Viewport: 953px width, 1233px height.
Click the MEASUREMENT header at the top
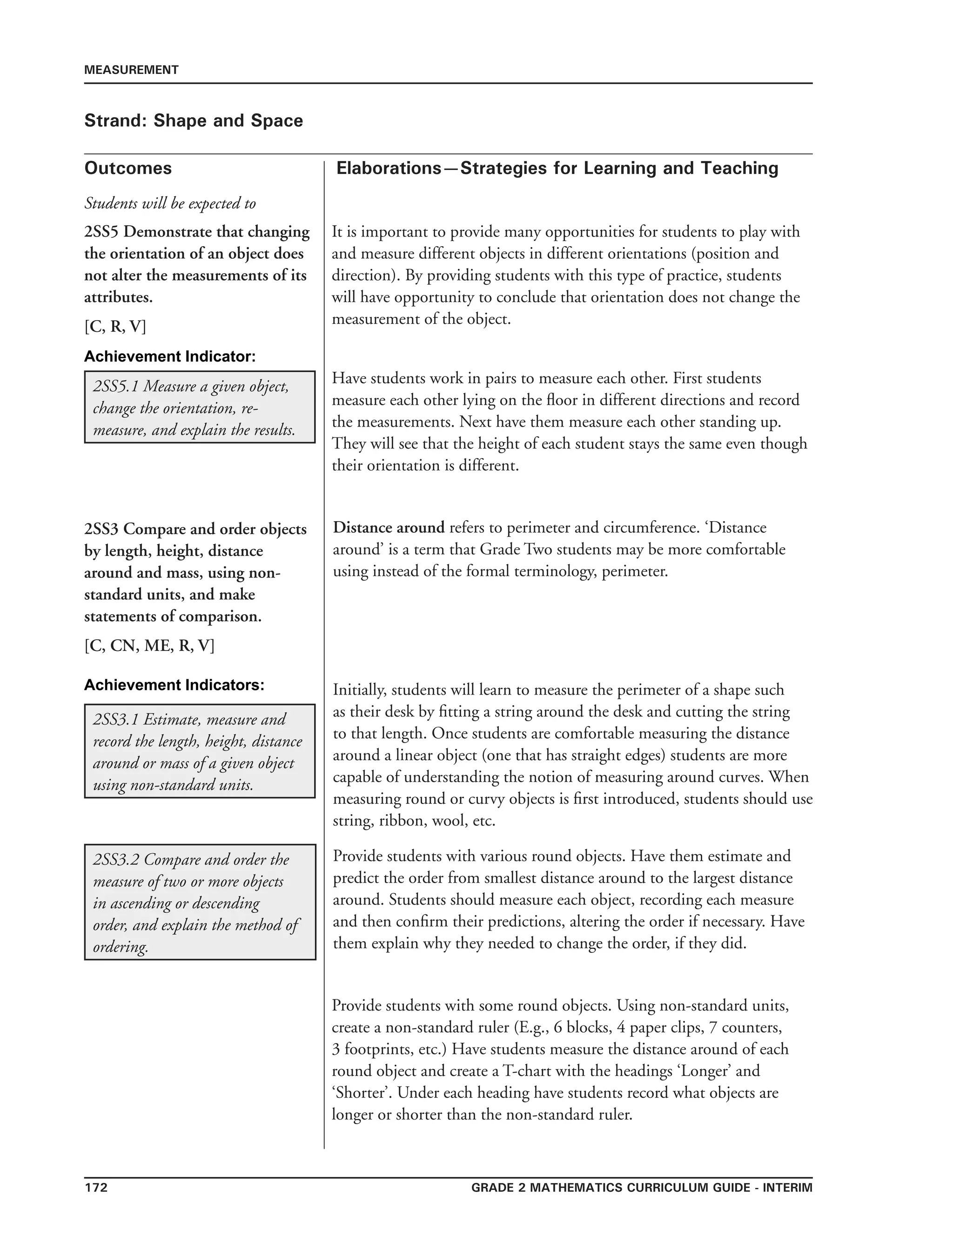point(131,70)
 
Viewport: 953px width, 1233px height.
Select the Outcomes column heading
point(128,168)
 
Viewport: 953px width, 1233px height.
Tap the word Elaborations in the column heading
point(389,168)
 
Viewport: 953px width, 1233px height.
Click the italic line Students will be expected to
point(170,203)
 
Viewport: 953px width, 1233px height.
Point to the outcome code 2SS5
point(101,232)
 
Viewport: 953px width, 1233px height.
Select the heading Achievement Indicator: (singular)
point(169,357)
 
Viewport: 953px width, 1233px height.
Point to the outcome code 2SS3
point(101,529)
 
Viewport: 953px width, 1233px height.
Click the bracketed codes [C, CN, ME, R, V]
point(149,646)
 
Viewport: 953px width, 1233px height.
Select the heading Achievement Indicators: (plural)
point(174,685)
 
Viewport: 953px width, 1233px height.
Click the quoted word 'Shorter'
point(362,1093)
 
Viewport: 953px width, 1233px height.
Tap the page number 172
point(96,1187)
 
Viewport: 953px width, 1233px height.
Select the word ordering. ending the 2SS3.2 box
point(120,947)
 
